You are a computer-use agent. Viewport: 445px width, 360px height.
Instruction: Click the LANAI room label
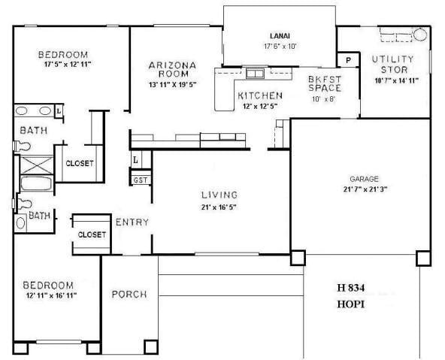click(280, 35)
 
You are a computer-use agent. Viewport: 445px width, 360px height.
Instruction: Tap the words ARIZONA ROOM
click(172, 70)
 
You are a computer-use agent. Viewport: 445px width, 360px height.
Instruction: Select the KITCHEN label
click(260, 95)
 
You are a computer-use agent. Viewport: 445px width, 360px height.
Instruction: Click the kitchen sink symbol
click(254, 74)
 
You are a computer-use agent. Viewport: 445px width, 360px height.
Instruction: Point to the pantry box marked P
click(348, 59)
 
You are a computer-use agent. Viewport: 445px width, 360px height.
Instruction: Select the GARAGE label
click(364, 179)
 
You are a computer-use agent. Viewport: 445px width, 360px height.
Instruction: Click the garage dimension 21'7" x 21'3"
click(364, 189)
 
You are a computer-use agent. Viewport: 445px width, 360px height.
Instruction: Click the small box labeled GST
click(140, 180)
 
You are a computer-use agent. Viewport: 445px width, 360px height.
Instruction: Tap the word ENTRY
click(132, 222)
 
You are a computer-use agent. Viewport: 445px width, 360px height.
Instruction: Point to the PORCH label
click(129, 294)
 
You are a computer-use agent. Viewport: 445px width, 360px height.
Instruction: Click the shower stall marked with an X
click(35, 165)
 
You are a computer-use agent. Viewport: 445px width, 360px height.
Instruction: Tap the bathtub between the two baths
click(35, 183)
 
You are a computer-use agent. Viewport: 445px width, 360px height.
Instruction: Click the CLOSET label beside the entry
click(91, 234)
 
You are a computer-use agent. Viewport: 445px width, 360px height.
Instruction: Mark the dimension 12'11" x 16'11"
click(49, 296)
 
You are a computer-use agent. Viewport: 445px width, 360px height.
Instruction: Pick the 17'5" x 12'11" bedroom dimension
click(62, 65)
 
